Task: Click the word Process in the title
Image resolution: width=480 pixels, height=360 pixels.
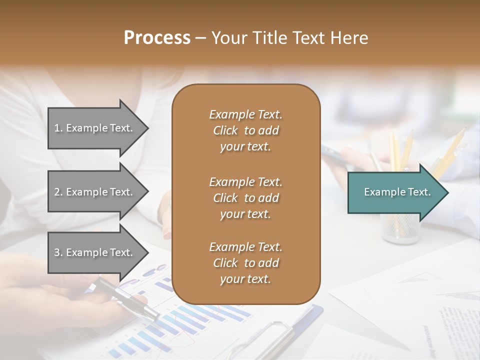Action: [157, 38]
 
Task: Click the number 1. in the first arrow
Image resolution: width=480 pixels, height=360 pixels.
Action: [58, 128]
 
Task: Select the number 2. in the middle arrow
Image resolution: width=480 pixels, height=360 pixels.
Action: [58, 192]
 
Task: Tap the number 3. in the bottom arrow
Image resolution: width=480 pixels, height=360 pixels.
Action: [58, 252]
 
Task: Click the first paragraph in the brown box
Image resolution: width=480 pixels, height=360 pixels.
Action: [245, 130]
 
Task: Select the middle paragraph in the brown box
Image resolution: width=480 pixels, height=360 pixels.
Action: [245, 198]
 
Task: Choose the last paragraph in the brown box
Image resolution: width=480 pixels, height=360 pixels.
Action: [245, 263]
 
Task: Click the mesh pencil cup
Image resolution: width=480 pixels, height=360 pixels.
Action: [400, 227]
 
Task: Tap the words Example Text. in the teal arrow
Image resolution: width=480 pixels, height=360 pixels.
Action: [397, 192]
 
